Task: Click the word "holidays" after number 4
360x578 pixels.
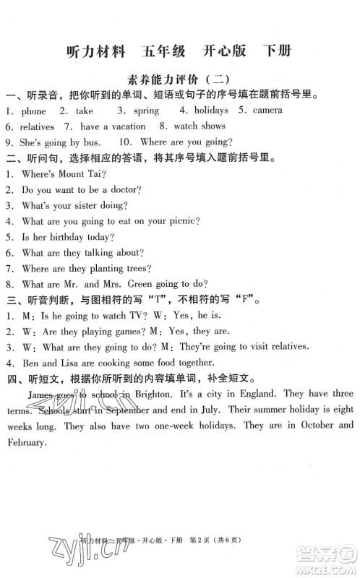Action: pyautogui.click(x=210, y=111)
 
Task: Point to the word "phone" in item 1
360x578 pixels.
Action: pyautogui.click(x=33, y=111)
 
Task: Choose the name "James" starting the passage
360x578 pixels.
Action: pyautogui.click(x=40, y=394)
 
